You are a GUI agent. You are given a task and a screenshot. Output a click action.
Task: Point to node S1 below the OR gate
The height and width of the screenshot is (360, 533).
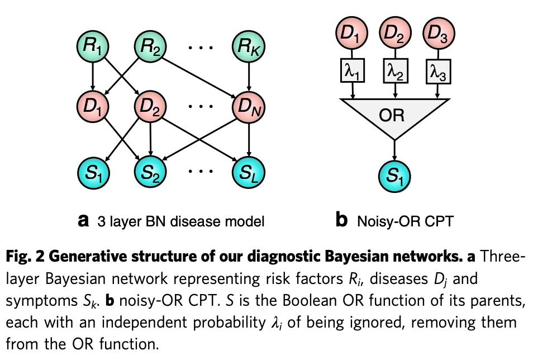395,177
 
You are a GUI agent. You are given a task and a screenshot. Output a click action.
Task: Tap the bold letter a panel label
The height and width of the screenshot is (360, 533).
83,221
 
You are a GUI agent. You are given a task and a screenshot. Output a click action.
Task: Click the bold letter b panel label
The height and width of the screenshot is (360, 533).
341,221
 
